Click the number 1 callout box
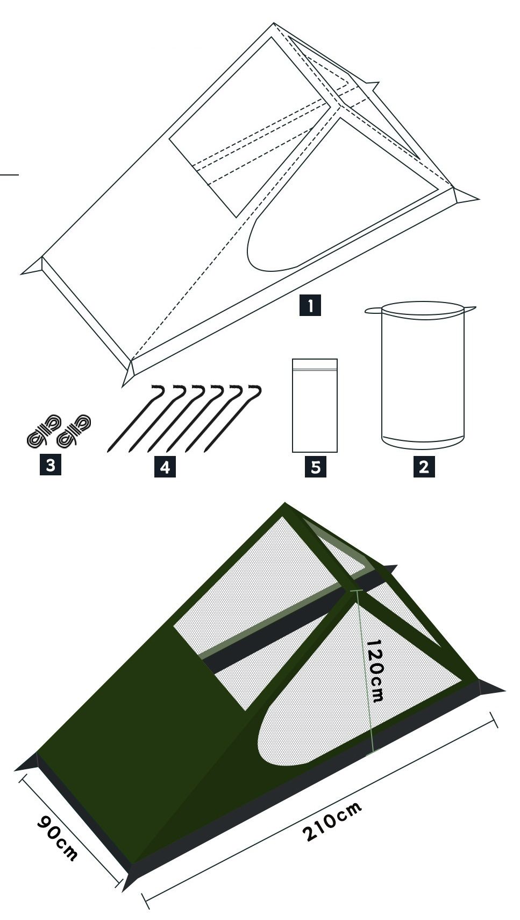[x=310, y=305]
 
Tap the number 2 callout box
[x=424, y=467]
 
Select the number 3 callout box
[x=51, y=465]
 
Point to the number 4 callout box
[x=165, y=467]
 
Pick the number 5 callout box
[x=316, y=467]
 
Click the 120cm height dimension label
[x=375, y=670]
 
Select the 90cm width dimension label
[x=56, y=838]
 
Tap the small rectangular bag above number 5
[x=315, y=405]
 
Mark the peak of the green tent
[x=285, y=503]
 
